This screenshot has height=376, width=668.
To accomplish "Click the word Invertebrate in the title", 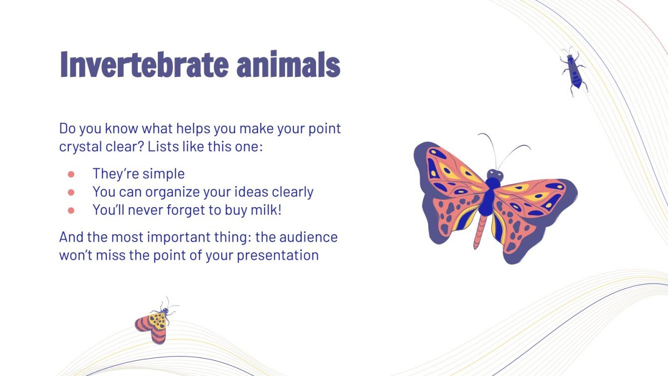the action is pos(144,64).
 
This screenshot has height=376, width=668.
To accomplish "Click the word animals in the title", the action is pos(289,64).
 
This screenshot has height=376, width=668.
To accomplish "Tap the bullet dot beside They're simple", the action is pos(71,174).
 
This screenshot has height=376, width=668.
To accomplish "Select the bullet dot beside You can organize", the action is pos(71,192).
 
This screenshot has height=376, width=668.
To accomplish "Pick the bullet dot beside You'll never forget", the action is pos(71,211).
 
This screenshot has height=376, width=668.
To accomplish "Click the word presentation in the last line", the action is pos(278,256).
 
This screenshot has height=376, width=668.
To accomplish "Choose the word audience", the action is pos(309,237).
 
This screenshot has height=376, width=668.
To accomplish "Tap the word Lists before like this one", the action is pos(163,146).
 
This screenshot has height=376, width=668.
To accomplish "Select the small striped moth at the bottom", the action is pos(156,322).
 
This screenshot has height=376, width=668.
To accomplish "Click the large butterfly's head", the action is pos(495,174).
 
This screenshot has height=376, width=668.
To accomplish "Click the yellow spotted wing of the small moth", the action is pos(157,321).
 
